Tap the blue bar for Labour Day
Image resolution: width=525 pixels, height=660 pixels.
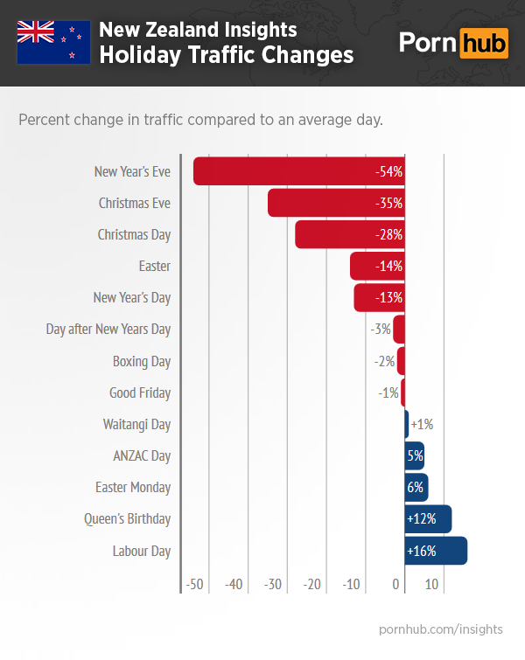436,551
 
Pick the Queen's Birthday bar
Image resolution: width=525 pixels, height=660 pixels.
428,519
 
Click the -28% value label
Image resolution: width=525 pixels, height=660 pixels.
388,235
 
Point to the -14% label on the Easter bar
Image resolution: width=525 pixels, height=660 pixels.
388,267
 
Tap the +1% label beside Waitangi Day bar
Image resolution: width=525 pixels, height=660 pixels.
422,425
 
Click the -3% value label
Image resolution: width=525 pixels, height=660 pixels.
380,330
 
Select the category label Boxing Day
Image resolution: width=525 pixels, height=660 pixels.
142,361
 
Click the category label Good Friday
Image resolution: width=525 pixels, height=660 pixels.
140,393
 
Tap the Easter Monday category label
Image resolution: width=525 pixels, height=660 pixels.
133,488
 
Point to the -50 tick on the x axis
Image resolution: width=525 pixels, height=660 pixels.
194,584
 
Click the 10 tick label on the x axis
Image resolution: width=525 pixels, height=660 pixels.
431,584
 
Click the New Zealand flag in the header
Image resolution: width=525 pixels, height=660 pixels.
53,41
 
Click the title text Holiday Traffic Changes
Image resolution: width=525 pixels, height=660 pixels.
226,55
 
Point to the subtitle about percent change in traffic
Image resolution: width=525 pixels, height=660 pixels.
200,119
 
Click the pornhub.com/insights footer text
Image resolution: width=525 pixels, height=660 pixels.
441,629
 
